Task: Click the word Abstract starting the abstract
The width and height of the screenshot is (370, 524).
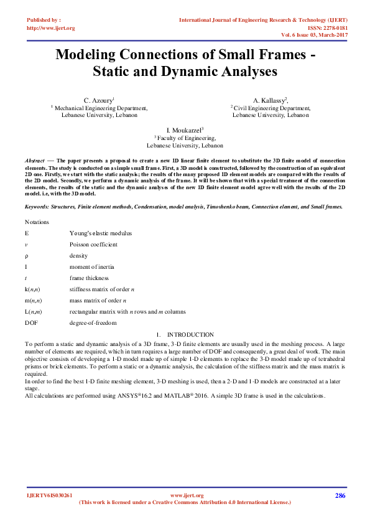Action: coord(34,161)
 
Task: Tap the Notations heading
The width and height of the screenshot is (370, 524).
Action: coord(37,222)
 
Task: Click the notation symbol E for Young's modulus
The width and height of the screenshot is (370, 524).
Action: coord(27,233)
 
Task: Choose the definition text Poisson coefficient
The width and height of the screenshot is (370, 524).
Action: coord(93,245)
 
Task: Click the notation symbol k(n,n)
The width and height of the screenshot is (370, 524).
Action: coord(33,289)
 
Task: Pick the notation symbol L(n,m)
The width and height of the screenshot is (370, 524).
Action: coord(34,312)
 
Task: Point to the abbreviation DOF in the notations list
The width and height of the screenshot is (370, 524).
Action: coord(32,323)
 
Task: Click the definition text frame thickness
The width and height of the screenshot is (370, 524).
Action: coord(89,278)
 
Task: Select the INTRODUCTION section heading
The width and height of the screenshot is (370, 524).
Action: coord(190,335)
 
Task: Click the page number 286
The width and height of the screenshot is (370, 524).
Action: coord(340,495)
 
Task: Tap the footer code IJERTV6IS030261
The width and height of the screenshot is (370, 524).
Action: coord(50,495)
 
